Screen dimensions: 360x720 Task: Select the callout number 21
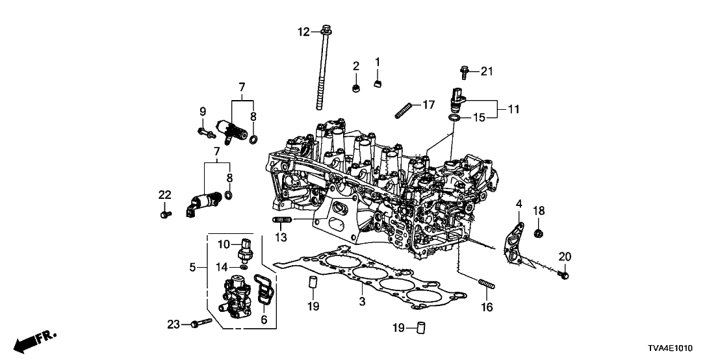click(x=487, y=71)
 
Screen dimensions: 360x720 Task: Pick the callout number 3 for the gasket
click(x=362, y=302)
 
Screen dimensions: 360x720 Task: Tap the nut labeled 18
click(x=538, y=232)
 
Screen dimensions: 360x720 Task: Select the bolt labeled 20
click(x=564, y=276)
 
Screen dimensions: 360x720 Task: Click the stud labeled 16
click(x=486, y=285)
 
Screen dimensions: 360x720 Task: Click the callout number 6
click(x=264, y=319)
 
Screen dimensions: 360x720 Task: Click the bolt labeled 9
click(x=205, y=133)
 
